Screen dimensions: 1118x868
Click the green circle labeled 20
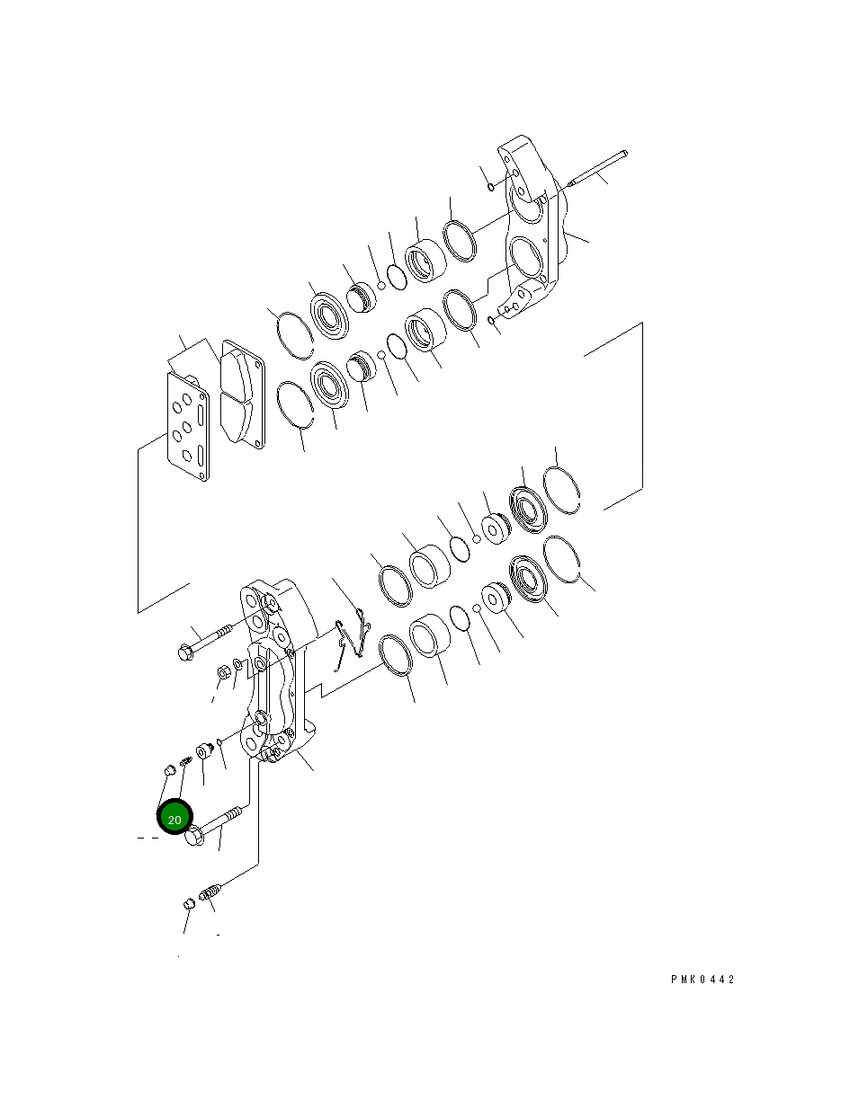pos(174,819)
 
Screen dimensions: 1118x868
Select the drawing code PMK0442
pos(702,980)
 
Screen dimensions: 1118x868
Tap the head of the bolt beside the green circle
pos(195,838)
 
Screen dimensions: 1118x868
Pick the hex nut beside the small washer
pos(222,672)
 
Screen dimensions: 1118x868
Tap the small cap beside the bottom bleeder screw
pos(189,903)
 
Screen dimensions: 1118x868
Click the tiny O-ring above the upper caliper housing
pos(490,186)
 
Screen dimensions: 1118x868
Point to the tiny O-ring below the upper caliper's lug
pos(491,320)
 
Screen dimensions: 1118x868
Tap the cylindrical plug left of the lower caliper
pos(203,751)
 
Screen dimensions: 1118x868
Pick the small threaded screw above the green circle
pos(185,762)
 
